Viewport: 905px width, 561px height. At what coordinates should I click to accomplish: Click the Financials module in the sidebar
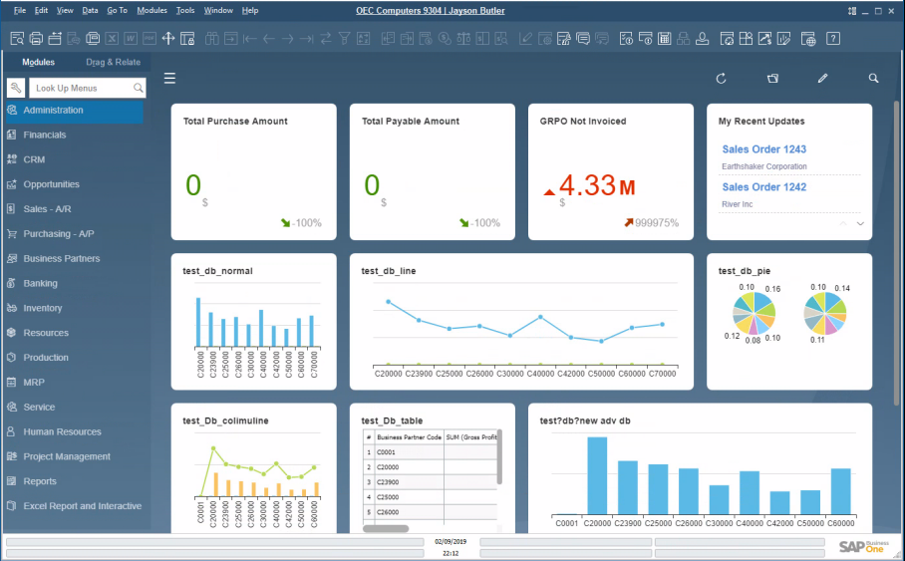pyautogui.click(x=45, y=135)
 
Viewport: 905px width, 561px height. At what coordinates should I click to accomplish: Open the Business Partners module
pyautogui.click(x=61, y=259)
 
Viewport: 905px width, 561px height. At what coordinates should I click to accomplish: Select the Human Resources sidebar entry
pyautogui.click(x=62, y=432)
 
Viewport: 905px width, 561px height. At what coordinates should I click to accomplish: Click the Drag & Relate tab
pyautogui.click(x=113, y=62)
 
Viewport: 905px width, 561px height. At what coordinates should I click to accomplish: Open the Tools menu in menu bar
pyautogui.click(x=185, y=10)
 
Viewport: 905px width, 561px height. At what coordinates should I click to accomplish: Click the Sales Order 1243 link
pyautogui.click(x=763, y=149)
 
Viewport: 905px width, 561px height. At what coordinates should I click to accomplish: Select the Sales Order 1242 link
pyautogui.click(x=763, y=187)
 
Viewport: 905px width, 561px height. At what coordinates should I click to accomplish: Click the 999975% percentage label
pyautogui.click(x=657, y=223)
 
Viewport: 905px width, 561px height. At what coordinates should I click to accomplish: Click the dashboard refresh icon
pyautogui.click(x=721, y=78)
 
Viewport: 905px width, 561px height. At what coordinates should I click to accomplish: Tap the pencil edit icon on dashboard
pyautogui.click(x=822, y=78)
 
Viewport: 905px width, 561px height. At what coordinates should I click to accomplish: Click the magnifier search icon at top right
pyautogui.click(x=873, y=78)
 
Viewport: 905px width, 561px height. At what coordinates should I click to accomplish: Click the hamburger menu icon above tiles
pyautogui.click(x=170, y=78)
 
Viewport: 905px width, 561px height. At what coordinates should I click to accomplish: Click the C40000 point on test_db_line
pyautogui.click(x=541, y=317)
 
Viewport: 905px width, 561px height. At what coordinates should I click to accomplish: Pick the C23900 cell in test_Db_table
pyautogui.click(x=389, y=482)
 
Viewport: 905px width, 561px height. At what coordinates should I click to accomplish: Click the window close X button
pyautogui.click(x=889, y=10)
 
